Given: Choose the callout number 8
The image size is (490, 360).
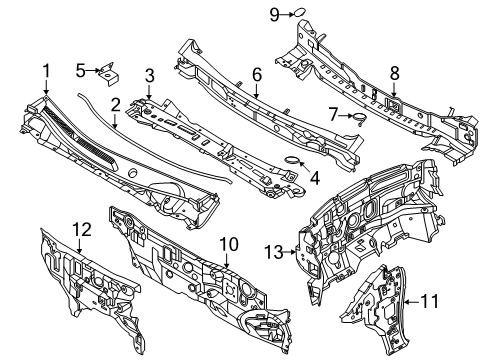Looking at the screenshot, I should pos(393,72).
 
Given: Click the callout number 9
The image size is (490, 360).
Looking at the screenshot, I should pos(273,13).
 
